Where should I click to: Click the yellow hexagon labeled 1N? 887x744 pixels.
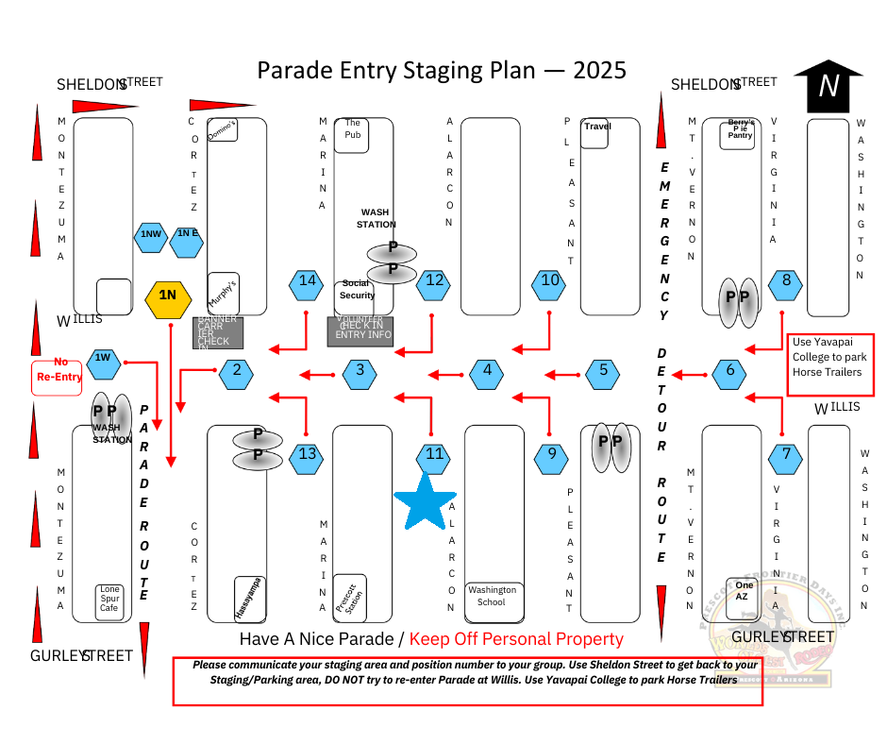(x=167, y=296)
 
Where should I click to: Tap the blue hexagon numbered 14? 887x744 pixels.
(x=307, y=280)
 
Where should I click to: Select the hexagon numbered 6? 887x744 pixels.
(x=729, y=371)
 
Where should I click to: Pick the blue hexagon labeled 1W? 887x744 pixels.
(x=103, y=359)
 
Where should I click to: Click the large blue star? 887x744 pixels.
(x=425, y=501)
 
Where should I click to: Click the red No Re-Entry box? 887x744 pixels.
(x=58, y=376)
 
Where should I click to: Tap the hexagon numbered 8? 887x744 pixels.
(x=786, y=280)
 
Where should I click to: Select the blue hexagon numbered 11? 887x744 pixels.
(x=434, y=454)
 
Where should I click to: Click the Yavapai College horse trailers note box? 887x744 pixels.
(x=831, y=356)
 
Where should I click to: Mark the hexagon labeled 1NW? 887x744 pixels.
(x=151, y=233)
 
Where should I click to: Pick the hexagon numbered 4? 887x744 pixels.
(x=487, y=371)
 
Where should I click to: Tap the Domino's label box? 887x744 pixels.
(x=222, y=130)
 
